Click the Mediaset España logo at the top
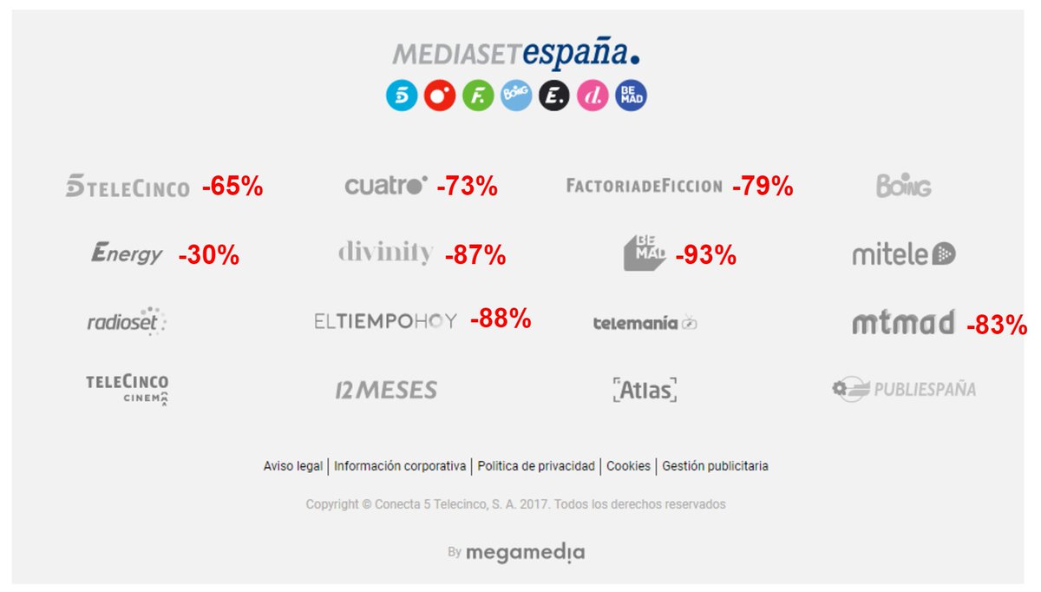(x=517, y=55)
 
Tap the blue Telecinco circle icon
(x=402, y=95)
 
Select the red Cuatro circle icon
(x=440, y=95)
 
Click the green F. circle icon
(x=478, y=95)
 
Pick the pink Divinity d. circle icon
(x=593, y=95)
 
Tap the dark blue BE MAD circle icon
(x=631, y=95)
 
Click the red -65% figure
(x=232, y=187)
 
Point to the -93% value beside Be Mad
(x=705, y=255)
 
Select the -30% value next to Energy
(x=208, y=256)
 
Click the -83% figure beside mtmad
(x=996, y=326)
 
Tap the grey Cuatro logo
(x=386, y=186)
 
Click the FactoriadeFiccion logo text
(x=644, y=186)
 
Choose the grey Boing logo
(x=903, y=186)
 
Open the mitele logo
(x=903, y=255)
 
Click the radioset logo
(x=127, y=322)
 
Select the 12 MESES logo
(x=386, y=391)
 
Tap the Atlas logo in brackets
(x=644, y=391)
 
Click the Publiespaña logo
(x=903, y=390)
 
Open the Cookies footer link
(x=628, y=466)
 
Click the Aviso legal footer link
(x=292, y=466)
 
